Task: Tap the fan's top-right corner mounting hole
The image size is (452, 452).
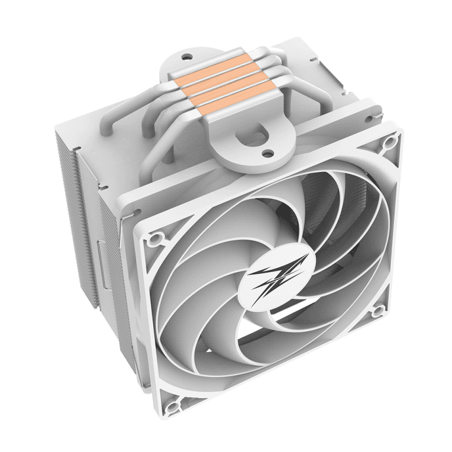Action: pos(389,142)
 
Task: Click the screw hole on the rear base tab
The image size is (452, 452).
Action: pos(187,57)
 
